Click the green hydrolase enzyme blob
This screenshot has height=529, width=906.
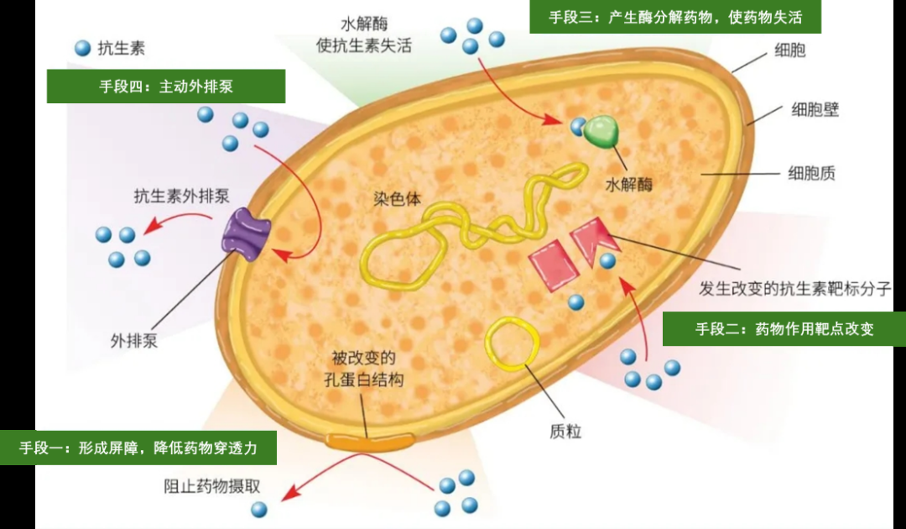[x=604, y=132]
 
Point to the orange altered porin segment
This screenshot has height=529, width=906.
[x=370, y=439]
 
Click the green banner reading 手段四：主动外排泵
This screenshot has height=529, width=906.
[x=165, y=86]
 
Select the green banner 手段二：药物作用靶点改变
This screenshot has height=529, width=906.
[x=784, y=329]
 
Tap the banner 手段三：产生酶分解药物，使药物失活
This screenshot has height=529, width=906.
[x=674, y=17]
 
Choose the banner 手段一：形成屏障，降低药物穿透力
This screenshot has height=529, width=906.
[x=138, y=448]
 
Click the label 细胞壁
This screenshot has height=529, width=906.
[x=815, y=110]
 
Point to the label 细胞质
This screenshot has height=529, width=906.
[x=811, y=174]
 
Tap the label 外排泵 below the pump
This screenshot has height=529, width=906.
[x=134, y=341]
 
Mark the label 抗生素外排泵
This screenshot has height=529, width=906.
[x=181, y=196]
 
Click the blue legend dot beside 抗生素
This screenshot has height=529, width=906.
[x=82, y=49]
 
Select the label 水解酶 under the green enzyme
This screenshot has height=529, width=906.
[x=627, y=183]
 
